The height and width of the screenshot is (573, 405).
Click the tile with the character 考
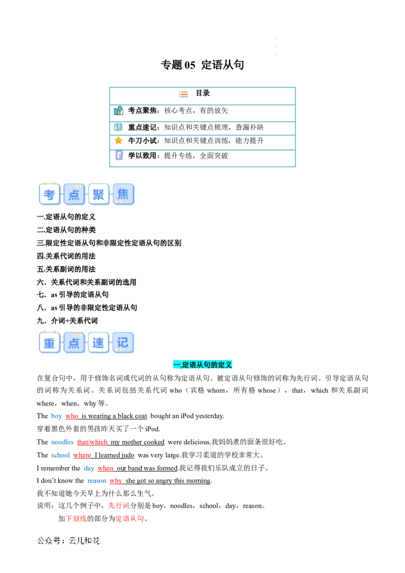pos(50,194)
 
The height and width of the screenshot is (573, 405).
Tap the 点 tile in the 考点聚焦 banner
pos(74,194)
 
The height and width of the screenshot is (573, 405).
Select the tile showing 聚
pos(99,194)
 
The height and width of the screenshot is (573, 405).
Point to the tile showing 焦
pos(123,194)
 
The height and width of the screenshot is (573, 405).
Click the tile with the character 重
pos(50,343)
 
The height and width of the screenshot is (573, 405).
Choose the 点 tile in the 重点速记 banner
pos(74,343)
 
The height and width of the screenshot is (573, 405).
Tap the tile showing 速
pos(98,343)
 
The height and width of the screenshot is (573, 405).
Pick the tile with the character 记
pos(123,343)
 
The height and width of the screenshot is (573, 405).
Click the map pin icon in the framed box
pos(118,111)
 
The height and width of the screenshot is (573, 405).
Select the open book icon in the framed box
pos(118,127)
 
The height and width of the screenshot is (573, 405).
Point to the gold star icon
pos(118,141)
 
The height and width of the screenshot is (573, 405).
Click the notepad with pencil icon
pos(119,155)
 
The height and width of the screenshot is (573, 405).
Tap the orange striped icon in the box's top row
pos(184,95)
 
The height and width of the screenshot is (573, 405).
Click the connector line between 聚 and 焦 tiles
pos(111,194)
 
